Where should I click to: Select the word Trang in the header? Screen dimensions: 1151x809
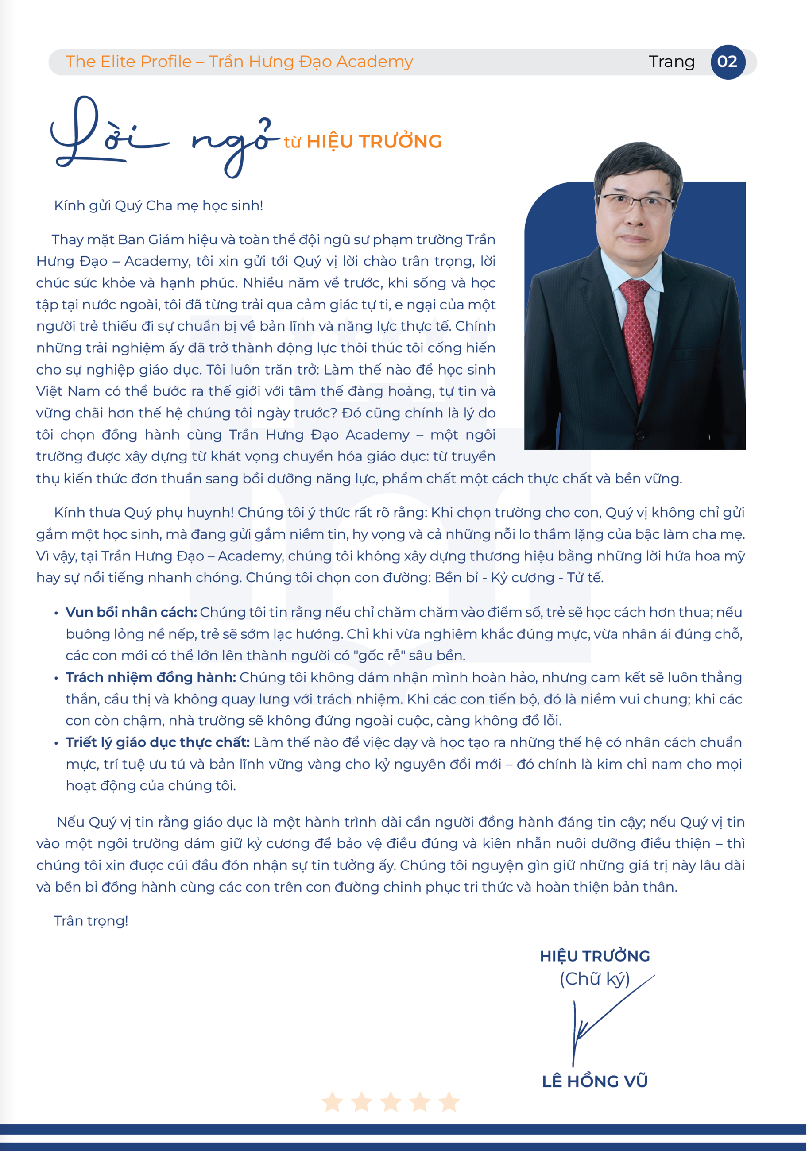pyautogui.click(x=672, y=62)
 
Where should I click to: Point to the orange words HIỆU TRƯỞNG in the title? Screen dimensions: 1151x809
pyautogui.click(x=374, y=142)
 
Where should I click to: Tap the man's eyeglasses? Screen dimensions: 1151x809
pyautogui.click(x=635, y=203)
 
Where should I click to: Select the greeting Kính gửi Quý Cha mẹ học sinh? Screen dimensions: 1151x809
pyautogui.click(x=159, y=205)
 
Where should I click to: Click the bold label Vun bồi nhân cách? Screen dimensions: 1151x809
pyautogui.click(x=131, y=612)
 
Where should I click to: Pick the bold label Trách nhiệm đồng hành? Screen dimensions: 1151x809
pyautogui.click(x=151, y=677)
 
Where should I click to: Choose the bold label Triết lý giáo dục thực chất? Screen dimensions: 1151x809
pyautogui.click(x=158, y=742)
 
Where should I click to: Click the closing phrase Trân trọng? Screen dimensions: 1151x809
pyautogui.click(x=91, y=921)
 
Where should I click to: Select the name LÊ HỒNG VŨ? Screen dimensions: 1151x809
pyautogui.click(x=595, y=1081)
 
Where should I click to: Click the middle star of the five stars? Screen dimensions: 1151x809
pyautogui.click(x=390, y=1102)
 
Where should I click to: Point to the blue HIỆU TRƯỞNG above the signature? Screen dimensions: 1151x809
pyautogui.click(x=595, y=956)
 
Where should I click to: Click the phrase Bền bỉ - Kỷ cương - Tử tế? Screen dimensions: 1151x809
pyautogui.click(x=519, y=578)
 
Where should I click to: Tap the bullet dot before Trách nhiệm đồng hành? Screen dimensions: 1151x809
pyautogui.click(x=56, y=678)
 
